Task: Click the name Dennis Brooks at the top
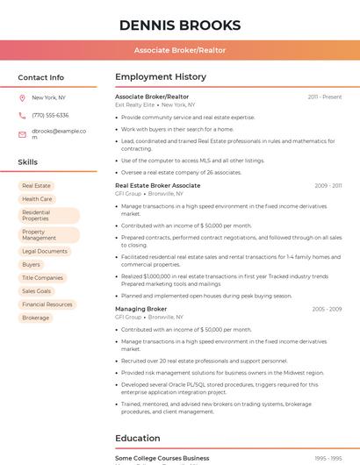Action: tap(179, 25)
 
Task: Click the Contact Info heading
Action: tap(40, 77)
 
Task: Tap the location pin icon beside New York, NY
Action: tap(22, 97)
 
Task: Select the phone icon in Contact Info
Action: tap(22, 115)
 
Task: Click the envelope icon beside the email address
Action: tap(22, 134)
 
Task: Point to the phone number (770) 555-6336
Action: tap(50, 115)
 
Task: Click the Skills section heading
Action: tap(27, 162)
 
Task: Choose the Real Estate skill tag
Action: tap(36, 186)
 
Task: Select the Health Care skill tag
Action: tap(37, 199)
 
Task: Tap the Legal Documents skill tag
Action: tap(45, 251)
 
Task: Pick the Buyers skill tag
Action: tap(31, 264)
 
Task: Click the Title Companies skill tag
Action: tap(42, 277)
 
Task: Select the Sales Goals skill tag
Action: tap(37, 290)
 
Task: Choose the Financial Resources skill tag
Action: tap(47, 304)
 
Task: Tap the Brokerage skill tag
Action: tap(36, 318)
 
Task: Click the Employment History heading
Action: tap(161, 77)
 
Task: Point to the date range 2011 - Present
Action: tap(324, 97)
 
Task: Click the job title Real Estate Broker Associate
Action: tap(157, 186)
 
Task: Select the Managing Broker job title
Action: tap(140, 309)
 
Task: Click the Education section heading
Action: tap(137, 438)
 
